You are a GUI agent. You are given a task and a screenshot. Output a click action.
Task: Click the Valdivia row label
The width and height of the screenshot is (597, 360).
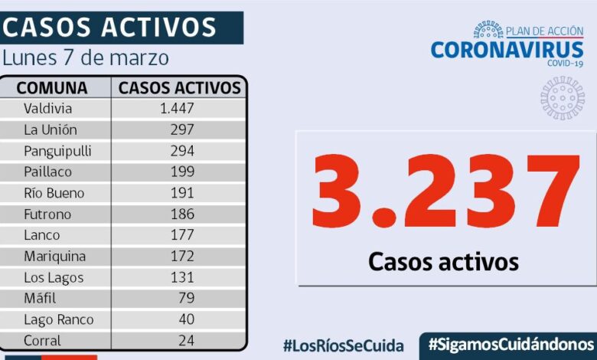(47, 109)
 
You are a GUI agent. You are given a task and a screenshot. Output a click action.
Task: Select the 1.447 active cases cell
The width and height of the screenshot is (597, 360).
(177, 109)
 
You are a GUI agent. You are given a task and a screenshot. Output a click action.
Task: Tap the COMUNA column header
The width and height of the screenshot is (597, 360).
(52, 87)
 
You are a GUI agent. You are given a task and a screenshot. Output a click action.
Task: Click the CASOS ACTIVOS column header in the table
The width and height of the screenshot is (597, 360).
(180, 87)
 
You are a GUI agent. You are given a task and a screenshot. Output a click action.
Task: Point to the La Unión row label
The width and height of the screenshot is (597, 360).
(51, 129)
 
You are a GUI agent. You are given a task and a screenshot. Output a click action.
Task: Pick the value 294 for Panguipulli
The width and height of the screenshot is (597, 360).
(182, 151)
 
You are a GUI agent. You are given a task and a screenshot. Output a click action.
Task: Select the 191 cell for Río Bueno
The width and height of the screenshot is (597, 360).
(182, 193)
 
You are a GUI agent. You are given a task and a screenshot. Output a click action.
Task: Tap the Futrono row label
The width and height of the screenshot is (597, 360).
(47, 214)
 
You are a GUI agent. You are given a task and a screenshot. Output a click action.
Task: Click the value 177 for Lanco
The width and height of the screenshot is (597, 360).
(182, 235)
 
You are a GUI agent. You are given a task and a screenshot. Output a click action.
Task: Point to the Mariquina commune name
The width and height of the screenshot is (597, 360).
(54, 256)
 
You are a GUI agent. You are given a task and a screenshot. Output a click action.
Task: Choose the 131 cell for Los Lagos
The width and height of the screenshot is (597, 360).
(182, 277)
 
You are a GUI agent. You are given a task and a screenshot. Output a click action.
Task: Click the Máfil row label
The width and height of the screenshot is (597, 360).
(40, 298)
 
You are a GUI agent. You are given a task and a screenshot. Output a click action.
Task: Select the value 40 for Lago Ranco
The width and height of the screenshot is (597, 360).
(186, 319)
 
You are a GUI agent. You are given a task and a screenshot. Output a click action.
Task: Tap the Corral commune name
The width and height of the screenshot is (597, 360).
(42, 340)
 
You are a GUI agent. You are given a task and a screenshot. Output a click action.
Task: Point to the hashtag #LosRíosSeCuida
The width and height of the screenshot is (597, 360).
(343, 345)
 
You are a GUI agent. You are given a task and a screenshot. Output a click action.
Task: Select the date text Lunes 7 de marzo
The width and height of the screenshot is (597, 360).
(86, 58)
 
